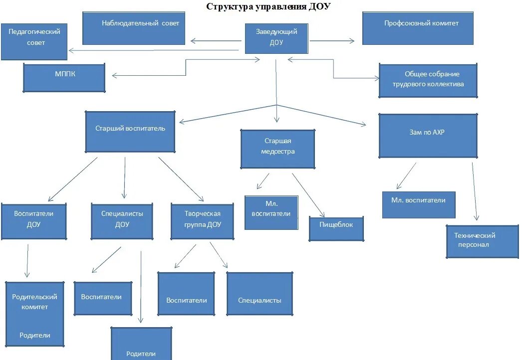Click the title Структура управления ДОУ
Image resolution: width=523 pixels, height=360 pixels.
(268, 7)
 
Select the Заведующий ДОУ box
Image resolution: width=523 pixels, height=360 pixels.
(276, 38)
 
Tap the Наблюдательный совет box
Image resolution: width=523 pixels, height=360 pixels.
(134, 28)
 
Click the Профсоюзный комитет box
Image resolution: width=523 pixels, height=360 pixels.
(418, 28)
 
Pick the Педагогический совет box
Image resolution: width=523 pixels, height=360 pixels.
(34, 41)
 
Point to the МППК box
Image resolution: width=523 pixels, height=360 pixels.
(64, 78)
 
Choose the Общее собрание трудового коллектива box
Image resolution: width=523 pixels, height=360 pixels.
(428, 80)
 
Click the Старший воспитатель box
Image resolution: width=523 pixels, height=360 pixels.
(130, 132)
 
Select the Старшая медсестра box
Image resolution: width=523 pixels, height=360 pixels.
(277, 149)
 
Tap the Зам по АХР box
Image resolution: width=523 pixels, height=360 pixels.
(428, 136)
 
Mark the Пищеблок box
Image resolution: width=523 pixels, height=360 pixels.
(336, 229)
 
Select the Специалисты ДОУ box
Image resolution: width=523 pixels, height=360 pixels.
(122, 221)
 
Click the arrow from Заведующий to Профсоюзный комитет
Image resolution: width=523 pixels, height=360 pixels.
(332, 41)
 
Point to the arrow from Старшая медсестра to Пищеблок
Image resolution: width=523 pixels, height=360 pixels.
(308, 194)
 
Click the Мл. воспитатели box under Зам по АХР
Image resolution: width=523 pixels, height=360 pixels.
(419, 204)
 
